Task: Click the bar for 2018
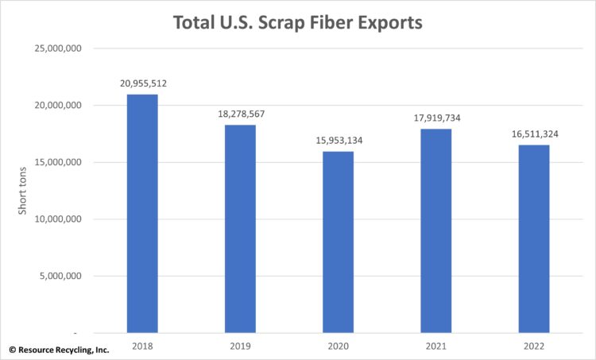click(x=142, y=213)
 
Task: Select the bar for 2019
click(x=240, y=229)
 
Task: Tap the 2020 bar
click(x=338, y=242)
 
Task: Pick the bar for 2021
click(x=435, y=230)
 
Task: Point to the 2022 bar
click(x=533, y=238)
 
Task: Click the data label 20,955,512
click(x=142, y=83)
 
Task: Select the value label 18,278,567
click(x=240, y=114)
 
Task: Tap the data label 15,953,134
click(x=338, y=140)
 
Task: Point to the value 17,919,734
click(x=435, y=118)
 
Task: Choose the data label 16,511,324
click(x=533, y=134)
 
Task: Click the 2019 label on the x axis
click(x=240, y=346)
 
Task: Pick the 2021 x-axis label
click(x=435, y=346)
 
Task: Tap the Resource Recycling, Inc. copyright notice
click(x=59, y=349)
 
